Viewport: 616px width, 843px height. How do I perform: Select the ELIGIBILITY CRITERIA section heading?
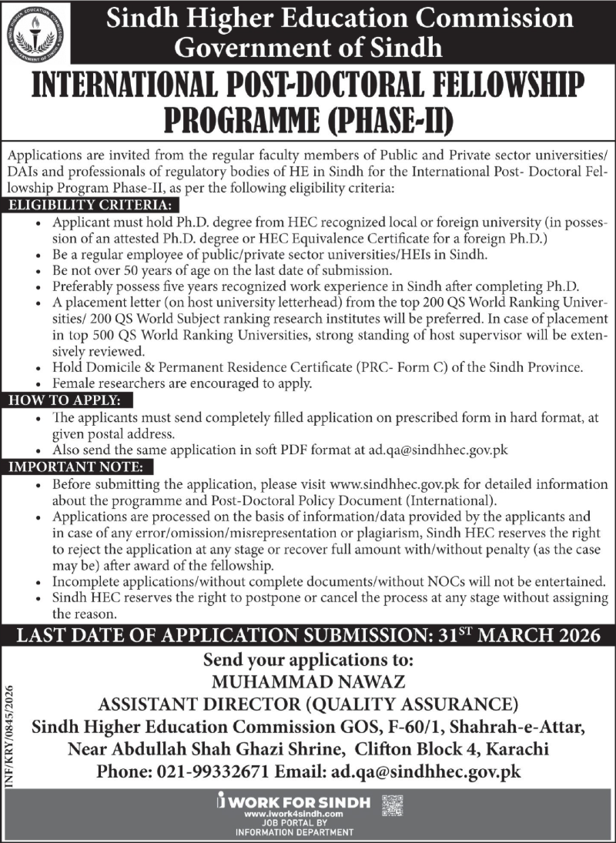pos(90,206)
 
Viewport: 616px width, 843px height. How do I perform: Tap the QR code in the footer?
pos(393,805)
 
